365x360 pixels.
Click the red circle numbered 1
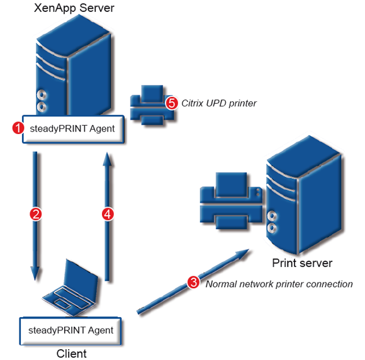click(x=18, y=128)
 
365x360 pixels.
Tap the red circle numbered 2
click(x=36, y=214)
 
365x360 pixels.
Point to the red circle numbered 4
click(x=108, y=215)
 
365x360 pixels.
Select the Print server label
click(x=301, y=262)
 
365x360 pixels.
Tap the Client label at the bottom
click(x=71, y=353)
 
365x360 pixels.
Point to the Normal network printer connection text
click(x=279, y=284)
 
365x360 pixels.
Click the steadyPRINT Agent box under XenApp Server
click(x=72, y=128)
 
